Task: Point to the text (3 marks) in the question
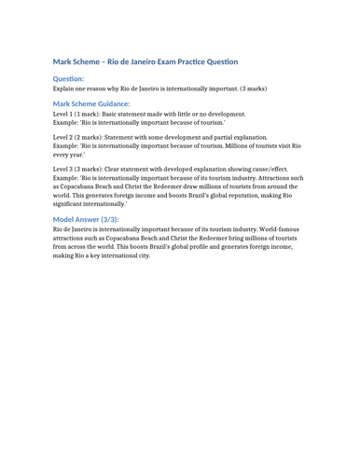click(x=252, y=89)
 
